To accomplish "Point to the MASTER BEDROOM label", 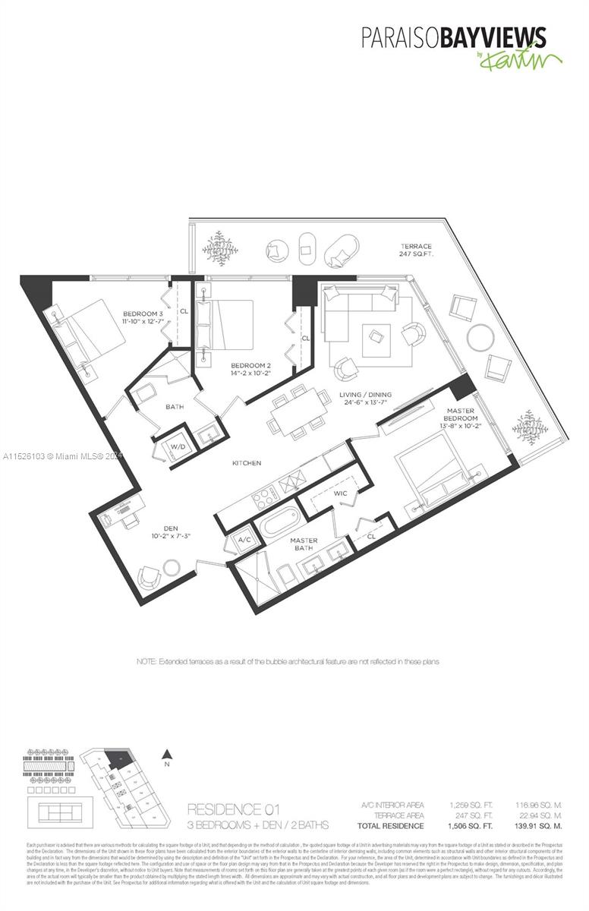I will (461, 415).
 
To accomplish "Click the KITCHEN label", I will (247, 462).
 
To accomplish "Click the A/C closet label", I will (244, 541).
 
